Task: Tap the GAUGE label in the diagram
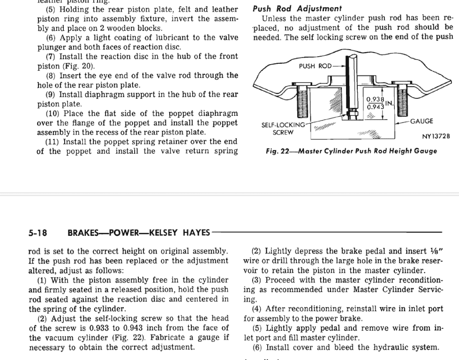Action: click(x=421, y=122)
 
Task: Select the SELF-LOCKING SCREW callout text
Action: click(x=283, y=128)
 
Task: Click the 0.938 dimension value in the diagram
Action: click(x=375, y=99)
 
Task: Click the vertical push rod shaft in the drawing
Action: click(x=350, y=84)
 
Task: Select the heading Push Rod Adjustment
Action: click(x=297, y=8)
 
